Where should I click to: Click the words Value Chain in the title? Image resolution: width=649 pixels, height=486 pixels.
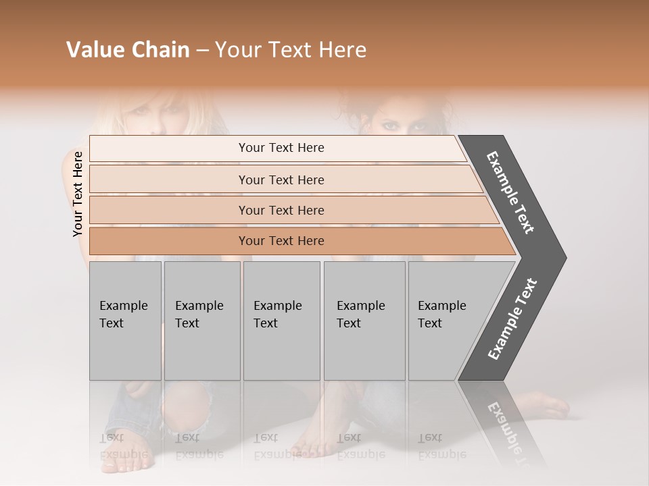click(x=128, y=50)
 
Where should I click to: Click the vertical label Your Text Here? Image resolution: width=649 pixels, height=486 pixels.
click(x=78, y=194)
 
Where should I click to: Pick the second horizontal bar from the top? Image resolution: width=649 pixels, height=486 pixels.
click(x=281, y=180)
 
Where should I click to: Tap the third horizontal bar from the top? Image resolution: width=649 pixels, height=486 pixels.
click(x=281, y=210)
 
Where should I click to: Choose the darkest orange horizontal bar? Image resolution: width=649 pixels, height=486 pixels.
click(x=281, y=241)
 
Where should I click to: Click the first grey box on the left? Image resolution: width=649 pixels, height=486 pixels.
click(x=125, y=321)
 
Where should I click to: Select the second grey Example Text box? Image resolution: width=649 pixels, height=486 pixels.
click(x=201, y=321)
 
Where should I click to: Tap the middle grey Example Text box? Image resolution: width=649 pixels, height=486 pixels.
click(x=281, y=321)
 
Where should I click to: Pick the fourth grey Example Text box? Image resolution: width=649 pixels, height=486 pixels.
click(x=364, y=321)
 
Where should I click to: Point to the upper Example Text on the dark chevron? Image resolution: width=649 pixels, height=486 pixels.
click(x=510, y=192)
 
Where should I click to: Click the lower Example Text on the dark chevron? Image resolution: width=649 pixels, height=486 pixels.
click(x=512, y=319)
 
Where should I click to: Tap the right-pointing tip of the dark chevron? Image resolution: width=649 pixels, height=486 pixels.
click(x=562, y=257)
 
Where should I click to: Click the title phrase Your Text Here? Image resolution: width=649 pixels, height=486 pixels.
click(x=291, y=50)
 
